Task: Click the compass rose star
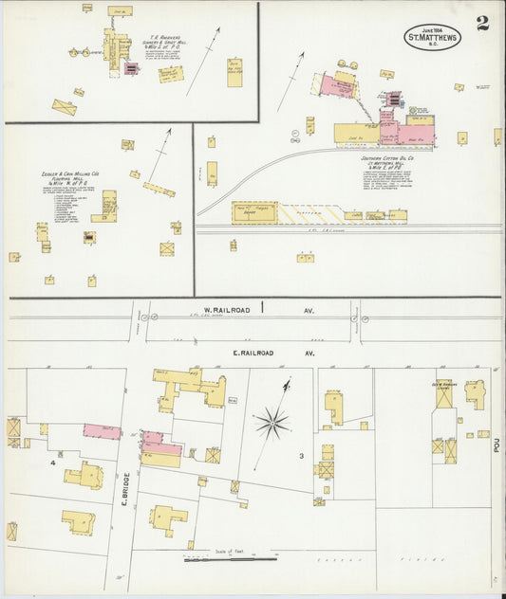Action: [272, 423]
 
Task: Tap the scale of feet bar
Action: [217, 559]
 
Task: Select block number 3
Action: [301, 456]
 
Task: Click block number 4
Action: [53, 463]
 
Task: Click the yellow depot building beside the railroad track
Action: [254, 212]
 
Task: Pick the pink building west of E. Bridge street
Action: [102, 431]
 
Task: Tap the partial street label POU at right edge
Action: [497, 444]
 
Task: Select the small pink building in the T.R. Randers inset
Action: [130, 68]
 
